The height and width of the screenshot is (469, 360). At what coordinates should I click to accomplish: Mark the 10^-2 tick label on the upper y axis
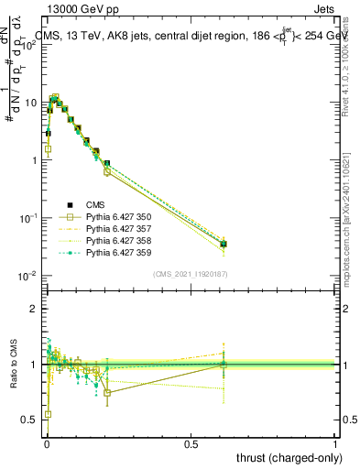click(x=27, y=276)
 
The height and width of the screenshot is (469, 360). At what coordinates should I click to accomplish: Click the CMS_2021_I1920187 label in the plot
click(x=191, y=274)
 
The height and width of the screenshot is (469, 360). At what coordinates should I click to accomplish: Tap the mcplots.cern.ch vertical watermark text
click(x=351, y=229)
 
